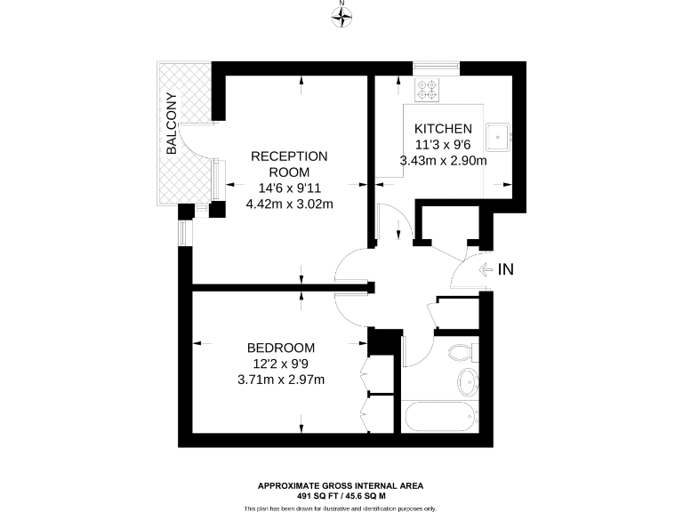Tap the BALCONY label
172,124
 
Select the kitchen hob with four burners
428,89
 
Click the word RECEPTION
289,156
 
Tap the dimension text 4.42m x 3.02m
289,204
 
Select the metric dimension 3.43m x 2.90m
443,161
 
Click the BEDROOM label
281,348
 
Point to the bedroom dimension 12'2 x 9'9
281,364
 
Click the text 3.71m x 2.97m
281,380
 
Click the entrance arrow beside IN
486,268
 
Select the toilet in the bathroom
462,352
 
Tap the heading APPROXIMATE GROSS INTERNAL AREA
341,485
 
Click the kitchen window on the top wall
436,66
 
